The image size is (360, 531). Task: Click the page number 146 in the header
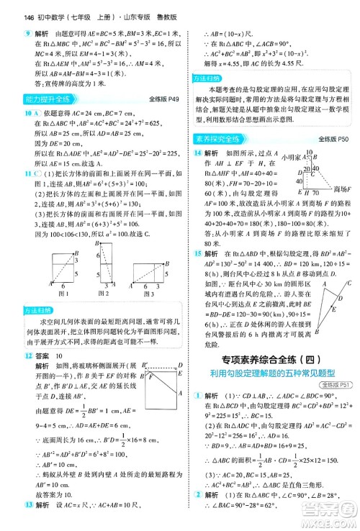10,7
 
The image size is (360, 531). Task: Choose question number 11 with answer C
8,173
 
